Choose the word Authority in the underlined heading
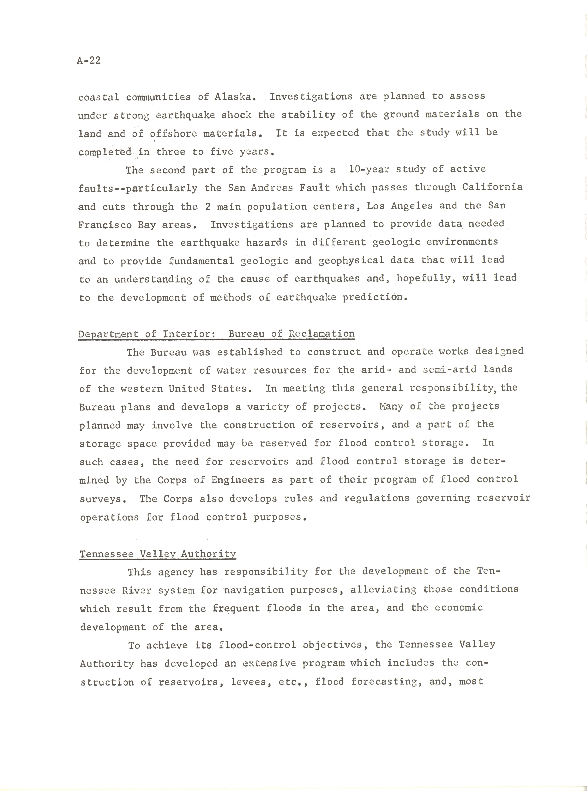[x=208, y=554]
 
